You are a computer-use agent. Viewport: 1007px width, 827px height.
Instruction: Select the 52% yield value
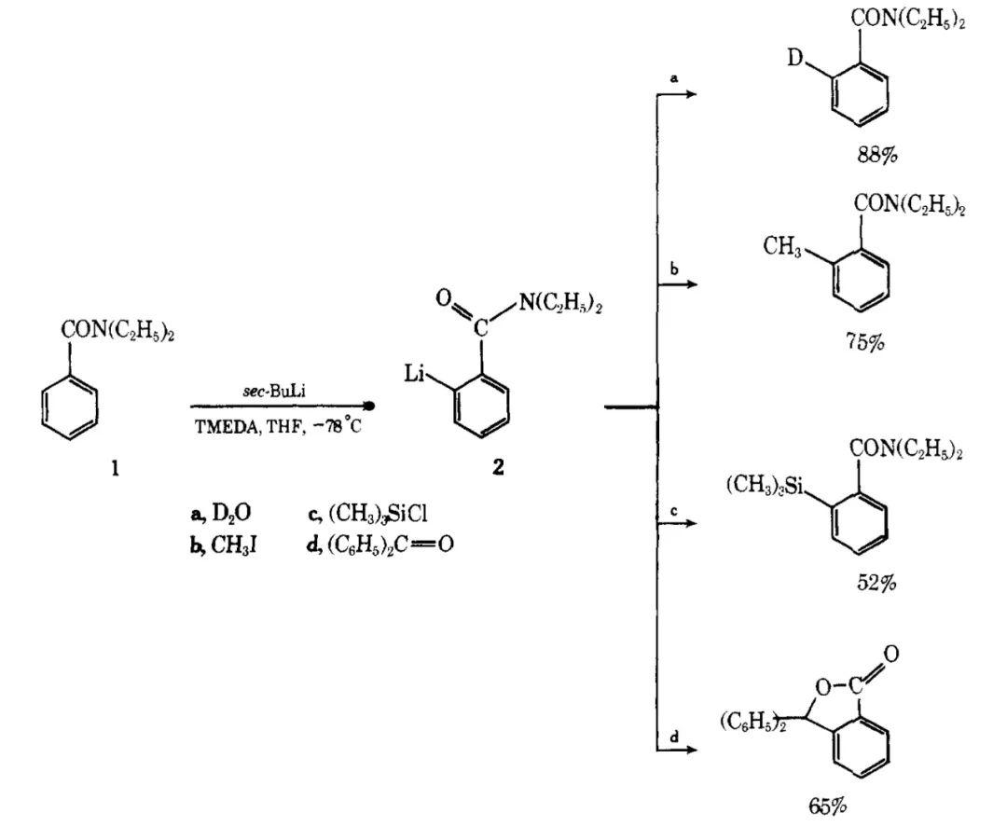[x=876, y=584]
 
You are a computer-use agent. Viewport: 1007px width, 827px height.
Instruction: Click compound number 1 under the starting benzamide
[x=115, y=469]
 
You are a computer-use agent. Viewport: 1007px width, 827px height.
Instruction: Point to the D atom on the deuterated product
[x=794, y=61]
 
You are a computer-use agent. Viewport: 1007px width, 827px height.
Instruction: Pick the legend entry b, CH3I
[x=223, y=544]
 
